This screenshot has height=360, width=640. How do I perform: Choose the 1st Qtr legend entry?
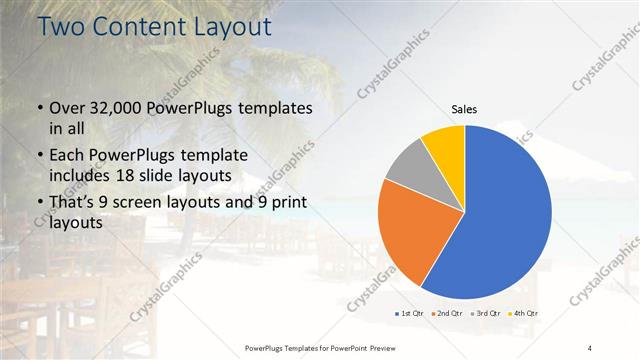pos(410,314)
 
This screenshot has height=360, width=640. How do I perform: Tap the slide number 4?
pos(589,347)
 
